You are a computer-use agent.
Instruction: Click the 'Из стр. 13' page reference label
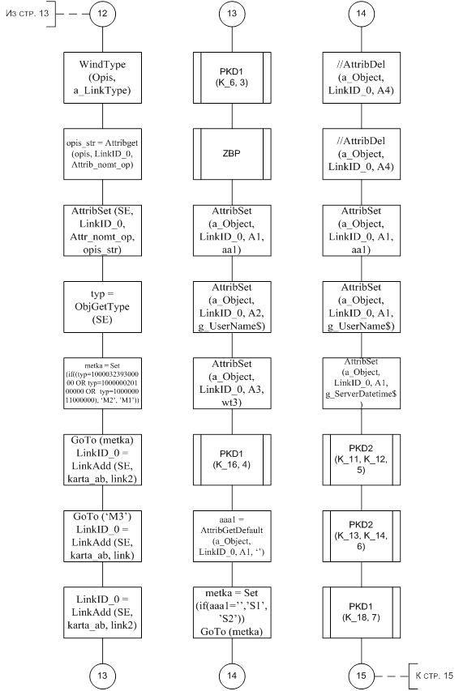[x=27, y=13]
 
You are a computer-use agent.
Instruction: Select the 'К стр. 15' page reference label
[x=434, y=676]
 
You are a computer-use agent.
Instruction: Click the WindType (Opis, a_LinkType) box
[x=102, y=78]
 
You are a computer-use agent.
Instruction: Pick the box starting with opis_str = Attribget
[x=102, y=154]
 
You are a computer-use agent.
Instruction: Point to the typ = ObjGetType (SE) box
[x=102, y=307]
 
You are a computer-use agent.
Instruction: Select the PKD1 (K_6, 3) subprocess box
[x=232, y=78]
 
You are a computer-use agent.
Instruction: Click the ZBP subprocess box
[x=232, y=154]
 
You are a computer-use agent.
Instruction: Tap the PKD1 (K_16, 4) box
[x=232, y=459]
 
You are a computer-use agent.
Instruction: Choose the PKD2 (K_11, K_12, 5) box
[x=361, y=459]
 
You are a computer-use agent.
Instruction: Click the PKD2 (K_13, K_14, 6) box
[x=361, y=536]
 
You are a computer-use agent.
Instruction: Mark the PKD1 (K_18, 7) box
[x=361, y=612]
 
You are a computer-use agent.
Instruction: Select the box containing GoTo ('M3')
[x=102, y=536]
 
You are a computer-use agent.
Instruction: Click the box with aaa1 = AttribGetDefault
[x=232, y=536]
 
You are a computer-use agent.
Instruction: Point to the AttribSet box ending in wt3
[x=232, y=383]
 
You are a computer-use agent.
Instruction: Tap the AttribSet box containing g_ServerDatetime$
[x=361, y=383]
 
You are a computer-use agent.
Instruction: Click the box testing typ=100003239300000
[x=102, y=383]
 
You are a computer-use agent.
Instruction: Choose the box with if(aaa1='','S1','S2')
[x=232, y=612]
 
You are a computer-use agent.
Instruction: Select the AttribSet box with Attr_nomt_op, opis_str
[x=102, y=231]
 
